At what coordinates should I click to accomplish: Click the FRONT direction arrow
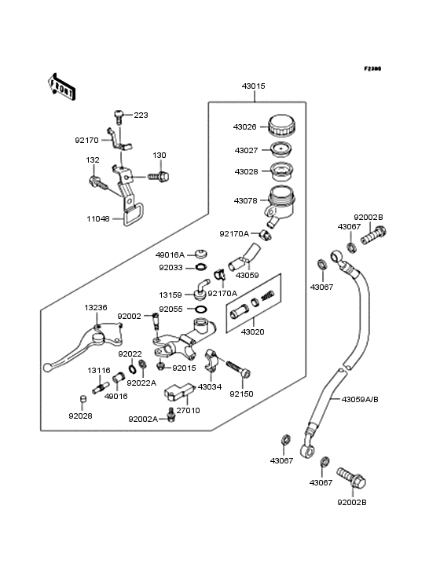tap(61, 86)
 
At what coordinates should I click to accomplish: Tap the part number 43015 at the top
tap(253, 86)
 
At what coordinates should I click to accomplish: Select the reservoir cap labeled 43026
tap(282, 126)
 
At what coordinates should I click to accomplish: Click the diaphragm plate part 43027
tap(281, 149)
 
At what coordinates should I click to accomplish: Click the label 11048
tap(98, 219)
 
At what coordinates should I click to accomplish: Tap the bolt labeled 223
tap(119, 117)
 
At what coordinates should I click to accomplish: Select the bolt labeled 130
tap(159, 177)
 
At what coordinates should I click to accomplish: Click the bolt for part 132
tap(98, 183)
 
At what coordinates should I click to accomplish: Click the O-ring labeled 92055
tap(201, 309)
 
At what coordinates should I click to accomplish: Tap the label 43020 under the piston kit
tap(253, 331)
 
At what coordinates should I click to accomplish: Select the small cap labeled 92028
tap(82, 398)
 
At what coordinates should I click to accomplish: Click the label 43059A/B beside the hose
tap(360, 399)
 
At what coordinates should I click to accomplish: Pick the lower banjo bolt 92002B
tap(351, 478)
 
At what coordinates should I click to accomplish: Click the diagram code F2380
tap(372, 68)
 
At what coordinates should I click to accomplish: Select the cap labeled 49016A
tap(201, 254)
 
